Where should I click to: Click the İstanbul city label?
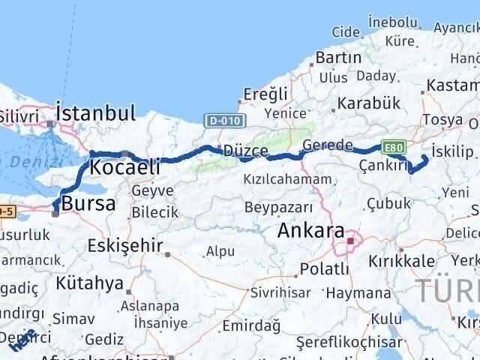(96, 113)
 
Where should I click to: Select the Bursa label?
(88, 203)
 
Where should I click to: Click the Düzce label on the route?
(245, 151)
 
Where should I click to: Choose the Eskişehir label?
(125, 246)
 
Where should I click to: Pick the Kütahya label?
(88, 283)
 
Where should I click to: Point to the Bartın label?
(339, 58)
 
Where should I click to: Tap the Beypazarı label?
(278, 205)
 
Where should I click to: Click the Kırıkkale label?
(401, 261)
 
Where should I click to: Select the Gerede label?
(328, 145)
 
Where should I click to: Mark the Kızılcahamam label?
(287, 180)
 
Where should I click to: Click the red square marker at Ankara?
(350, 241)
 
